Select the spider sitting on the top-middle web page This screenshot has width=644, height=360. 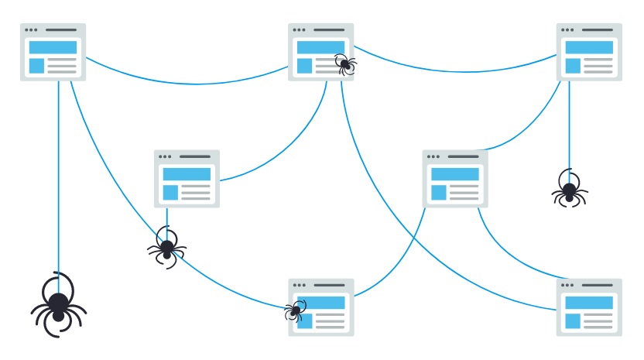click(345, 64)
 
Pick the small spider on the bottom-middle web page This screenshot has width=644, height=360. click(295, 310)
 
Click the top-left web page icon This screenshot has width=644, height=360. click(53, 52)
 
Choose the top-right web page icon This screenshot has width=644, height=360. click(589, 52)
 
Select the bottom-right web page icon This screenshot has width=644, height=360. click(589, 307)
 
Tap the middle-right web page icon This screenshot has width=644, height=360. click(455, 179)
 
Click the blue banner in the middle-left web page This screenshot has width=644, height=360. click(187, 174)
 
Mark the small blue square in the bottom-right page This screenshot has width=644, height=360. click(573, 321)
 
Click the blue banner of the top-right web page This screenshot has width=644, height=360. click(589, 47)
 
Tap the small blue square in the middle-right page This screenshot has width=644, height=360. click(439, 193)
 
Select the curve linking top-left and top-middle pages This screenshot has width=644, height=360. click(186, 83)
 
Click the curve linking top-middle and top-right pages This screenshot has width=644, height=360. click(457, 71)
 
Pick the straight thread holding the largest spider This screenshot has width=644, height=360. click(58, 178)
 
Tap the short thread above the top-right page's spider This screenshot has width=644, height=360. click(569, 124)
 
